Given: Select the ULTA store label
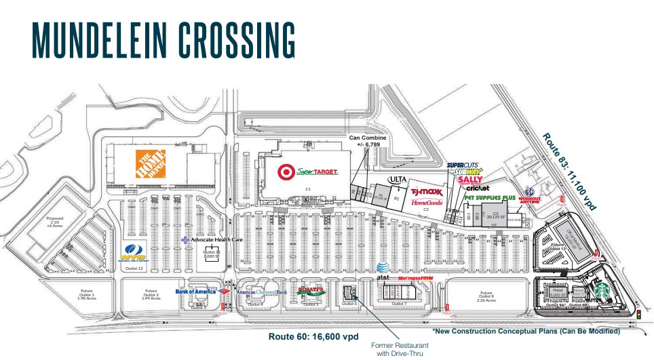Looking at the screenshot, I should tap(396, 180).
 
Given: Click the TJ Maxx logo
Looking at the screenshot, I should tap(427, 193).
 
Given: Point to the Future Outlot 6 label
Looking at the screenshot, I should tap(486, 296).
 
